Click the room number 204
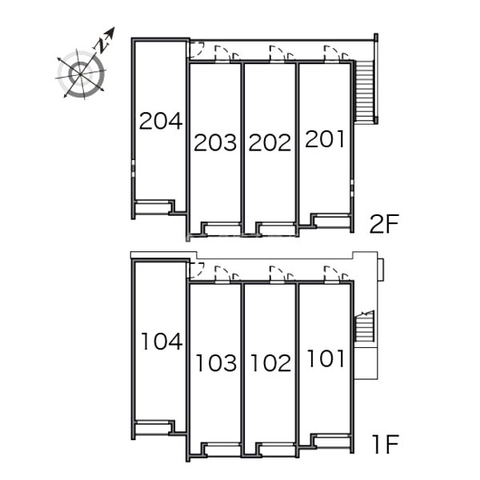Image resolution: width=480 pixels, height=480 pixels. coord(161,121)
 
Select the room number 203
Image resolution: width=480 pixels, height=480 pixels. coord(215,142)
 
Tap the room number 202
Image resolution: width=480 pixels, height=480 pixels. coord(270,142)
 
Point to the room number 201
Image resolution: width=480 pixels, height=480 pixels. coord(325,139)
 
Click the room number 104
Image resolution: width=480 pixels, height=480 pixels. coord(162,342)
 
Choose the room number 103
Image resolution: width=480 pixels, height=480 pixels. coord(216,363)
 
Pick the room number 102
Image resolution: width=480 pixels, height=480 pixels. coord(271,363)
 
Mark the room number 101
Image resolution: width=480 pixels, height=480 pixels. coord(326,358)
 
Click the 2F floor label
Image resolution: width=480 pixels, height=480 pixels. coord(385,224)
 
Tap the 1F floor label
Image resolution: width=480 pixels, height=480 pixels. coord(386,444)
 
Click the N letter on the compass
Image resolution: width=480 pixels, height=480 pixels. coord(102,46)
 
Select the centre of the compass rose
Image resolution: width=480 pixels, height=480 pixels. coord(81,74)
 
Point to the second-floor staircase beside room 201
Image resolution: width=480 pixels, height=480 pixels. coord(364,91)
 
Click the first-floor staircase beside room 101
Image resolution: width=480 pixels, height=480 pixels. coord(364,326)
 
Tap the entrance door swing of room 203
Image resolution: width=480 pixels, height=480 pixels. coord(222,54)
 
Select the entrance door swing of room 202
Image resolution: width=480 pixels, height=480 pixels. coord(277,54)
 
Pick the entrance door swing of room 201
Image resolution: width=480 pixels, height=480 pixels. coord(332,54)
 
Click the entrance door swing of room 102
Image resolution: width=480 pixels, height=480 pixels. coord(277,274)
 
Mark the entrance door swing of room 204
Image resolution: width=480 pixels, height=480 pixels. coord(197,50)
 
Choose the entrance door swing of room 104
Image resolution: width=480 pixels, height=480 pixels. coord(197,270)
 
